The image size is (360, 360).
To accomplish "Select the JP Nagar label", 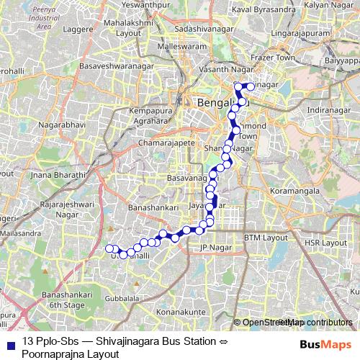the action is [213, 249].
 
